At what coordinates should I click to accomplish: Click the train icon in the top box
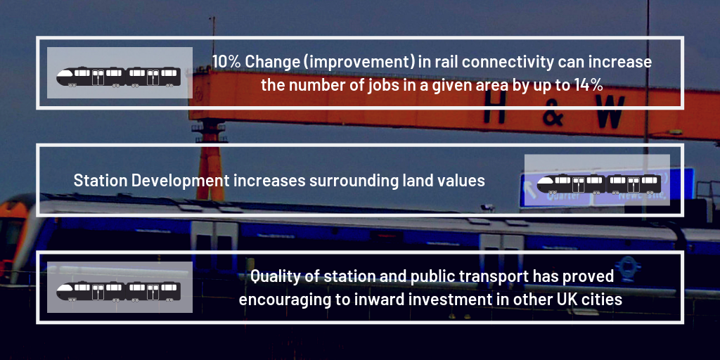(118, 77)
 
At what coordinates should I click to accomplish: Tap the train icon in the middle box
(599, 184)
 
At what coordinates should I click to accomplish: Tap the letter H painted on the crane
(494, 110)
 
